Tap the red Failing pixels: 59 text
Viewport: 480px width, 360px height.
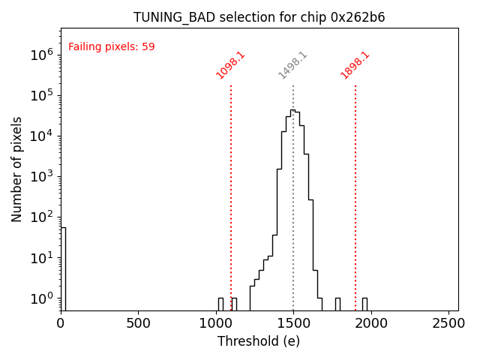coord(111,46)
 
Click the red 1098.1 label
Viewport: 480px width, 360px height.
coord(230,65)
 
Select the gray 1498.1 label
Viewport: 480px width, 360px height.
coord(292,65)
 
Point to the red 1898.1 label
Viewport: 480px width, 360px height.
coord(355,65)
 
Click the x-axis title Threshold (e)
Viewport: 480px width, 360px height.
coord(259,341)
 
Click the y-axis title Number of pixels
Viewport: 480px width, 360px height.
coord(17,169)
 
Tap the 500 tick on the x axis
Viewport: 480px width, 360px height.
coord(138,323)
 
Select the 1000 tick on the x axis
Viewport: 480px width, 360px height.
coord(216,323)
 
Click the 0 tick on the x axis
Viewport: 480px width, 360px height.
coord(61,323)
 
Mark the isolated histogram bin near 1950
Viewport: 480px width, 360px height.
coord(364,304)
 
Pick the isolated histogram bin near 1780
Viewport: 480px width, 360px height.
coord(337,304)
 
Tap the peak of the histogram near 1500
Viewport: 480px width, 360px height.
coord(292,110)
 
